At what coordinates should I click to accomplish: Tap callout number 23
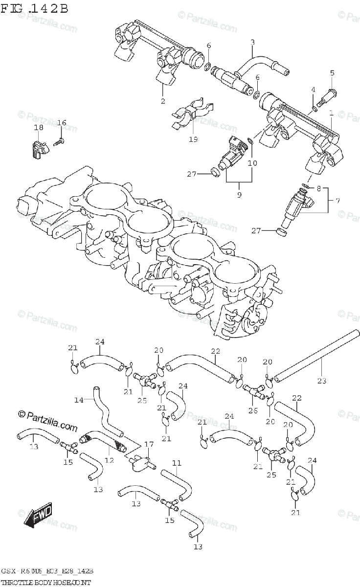click(321, 381)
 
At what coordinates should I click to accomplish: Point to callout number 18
click(39, 127)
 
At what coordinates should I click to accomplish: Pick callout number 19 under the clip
click(193, 139)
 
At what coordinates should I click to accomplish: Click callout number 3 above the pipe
click(252, 43)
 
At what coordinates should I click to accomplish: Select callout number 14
click(79, 400)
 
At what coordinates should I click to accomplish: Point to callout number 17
click(149, 445)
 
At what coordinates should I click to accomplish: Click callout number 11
click(176, 462)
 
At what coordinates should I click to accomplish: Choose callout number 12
click(109, 460)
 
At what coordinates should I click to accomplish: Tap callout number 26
click(252, 410)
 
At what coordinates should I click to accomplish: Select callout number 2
click(163, 101)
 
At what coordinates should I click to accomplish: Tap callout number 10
click(252, 162)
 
